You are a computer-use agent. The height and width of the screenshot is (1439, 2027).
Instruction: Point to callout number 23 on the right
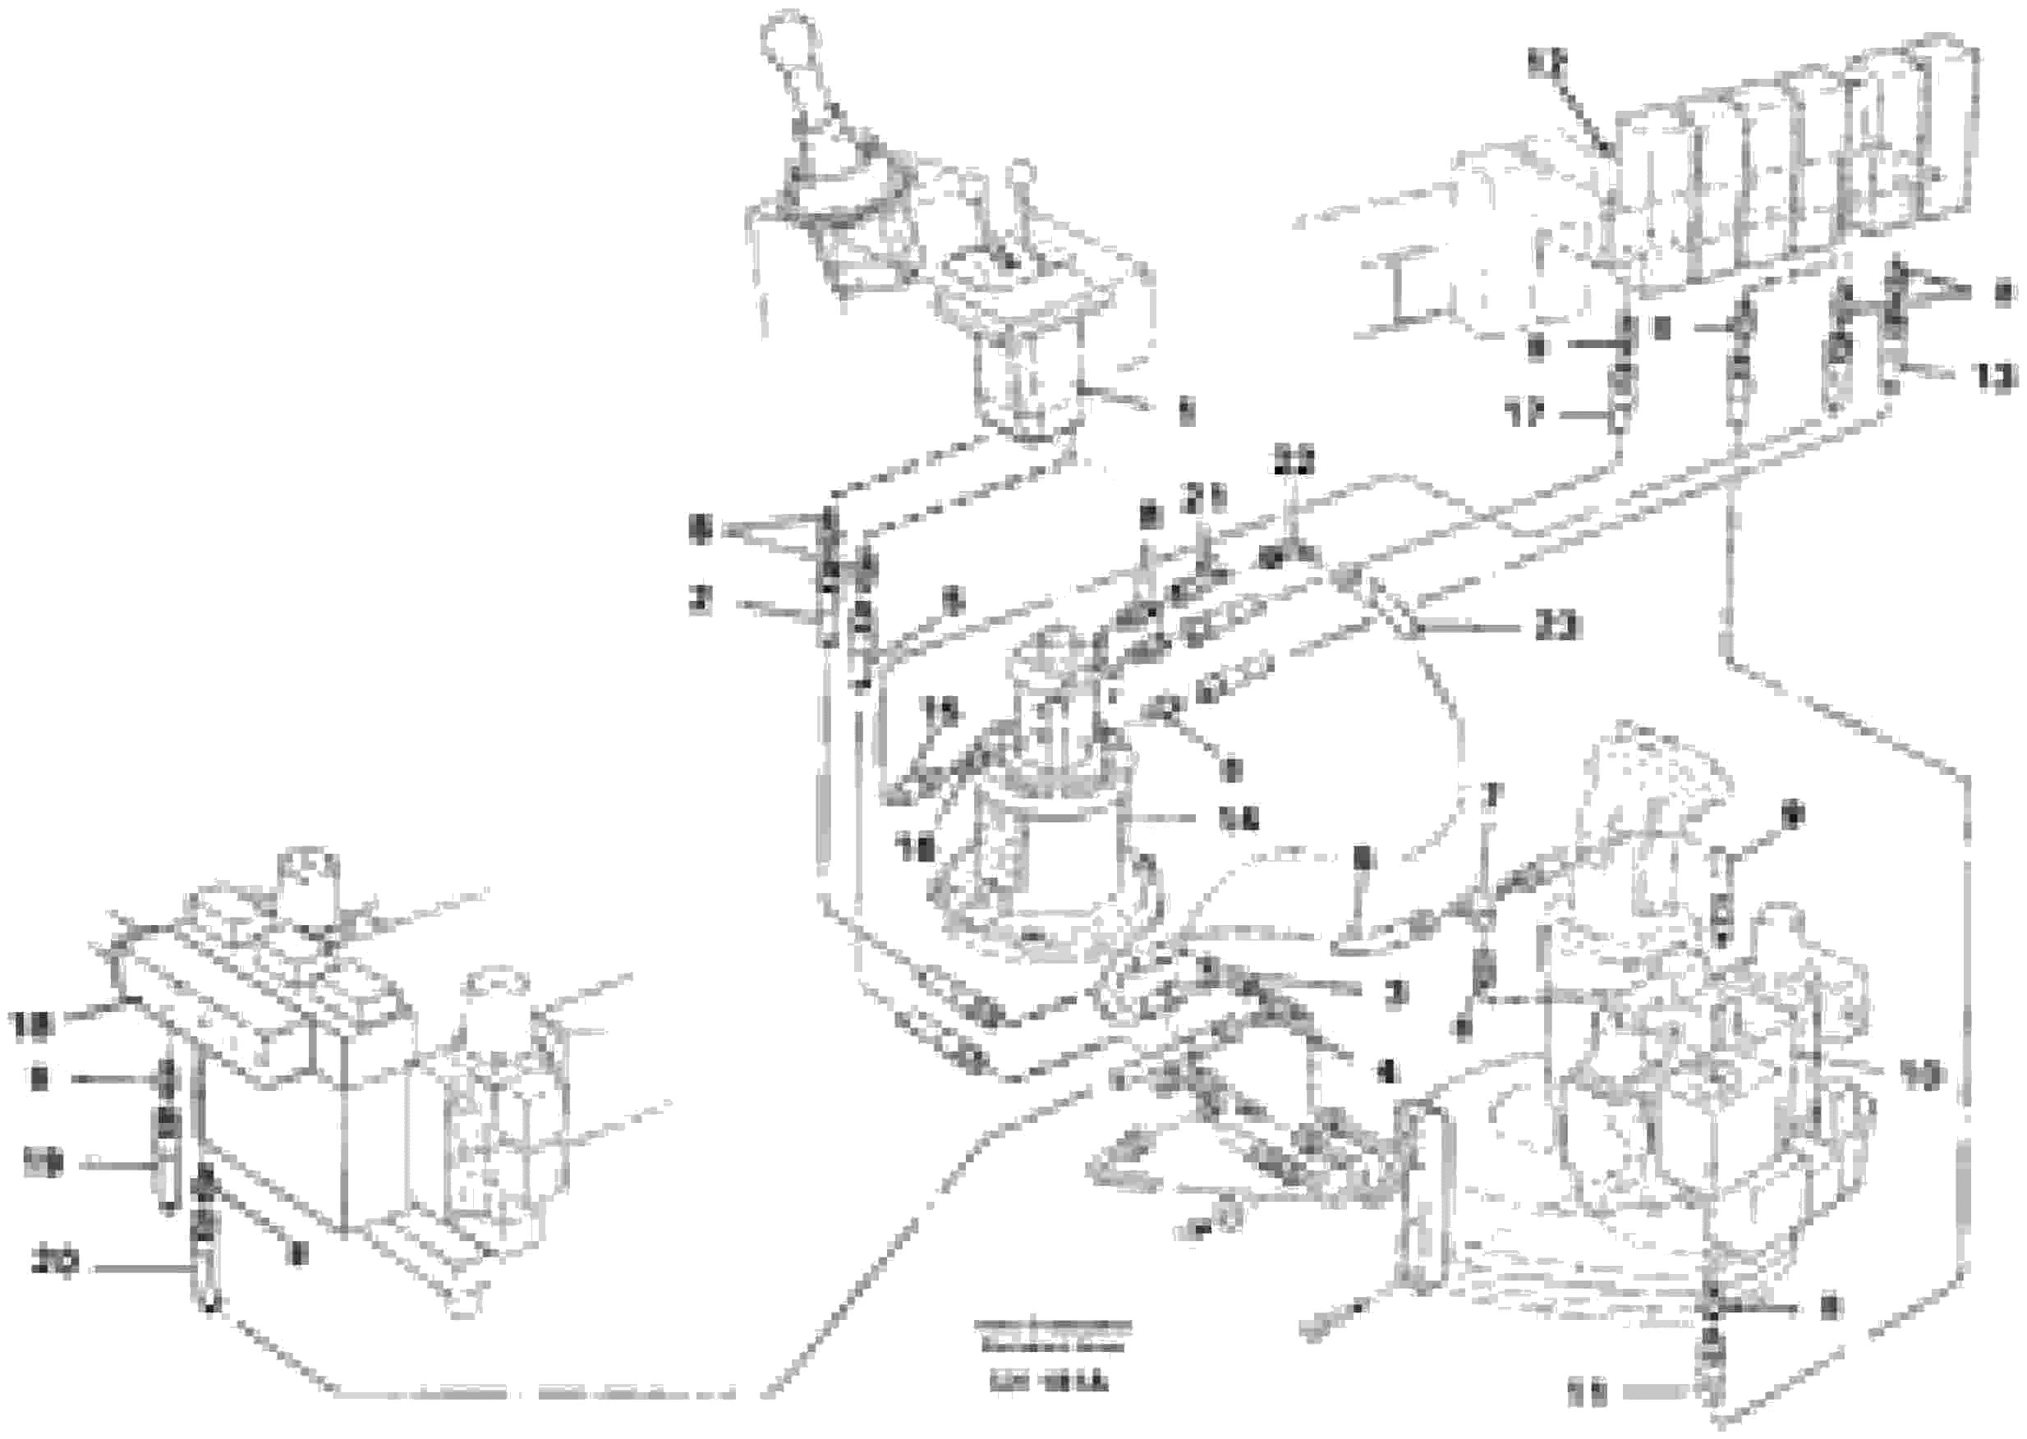(x=1558, y=627)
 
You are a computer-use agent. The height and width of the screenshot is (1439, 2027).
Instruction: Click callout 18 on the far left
(x=32, y=1025)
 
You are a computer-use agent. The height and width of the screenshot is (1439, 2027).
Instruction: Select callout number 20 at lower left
(x=55, y=1262)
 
